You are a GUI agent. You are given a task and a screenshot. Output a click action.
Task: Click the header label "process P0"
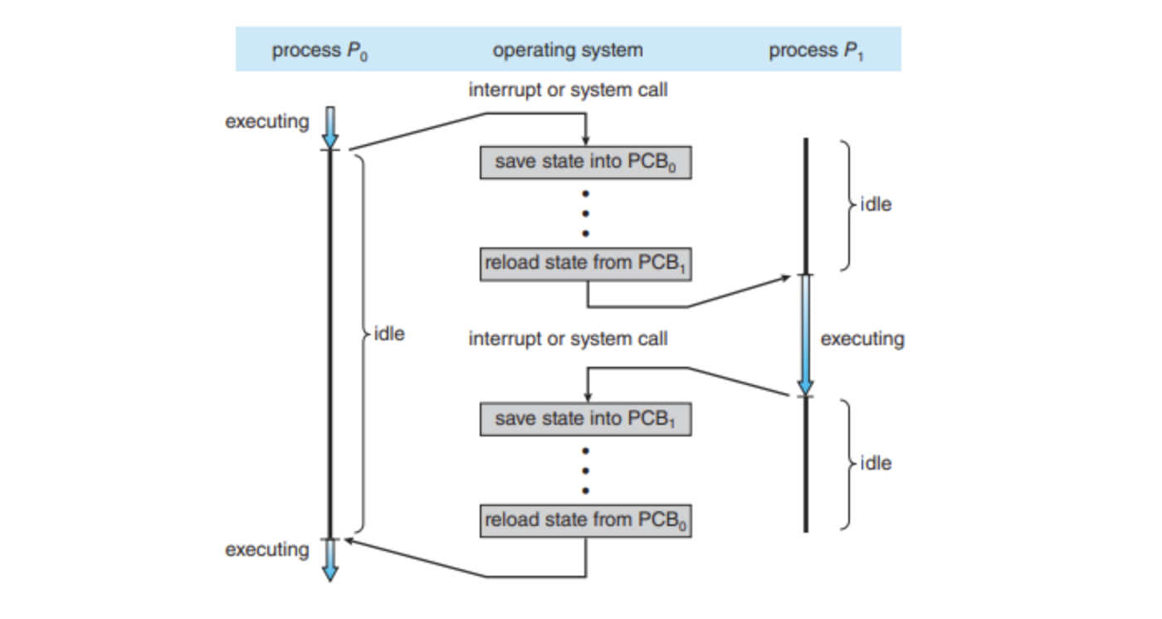(x=320, y=51)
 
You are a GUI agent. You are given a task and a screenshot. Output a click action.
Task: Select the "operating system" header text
(x=568, y=51)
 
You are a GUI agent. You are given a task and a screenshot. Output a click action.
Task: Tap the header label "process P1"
(x=817, y=51)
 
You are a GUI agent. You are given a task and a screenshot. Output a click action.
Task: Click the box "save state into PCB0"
(x=585, y=162)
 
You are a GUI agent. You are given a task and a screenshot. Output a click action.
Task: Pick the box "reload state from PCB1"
(x=585, y=265)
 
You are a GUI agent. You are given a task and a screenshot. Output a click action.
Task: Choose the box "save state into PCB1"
(x=585, y=419)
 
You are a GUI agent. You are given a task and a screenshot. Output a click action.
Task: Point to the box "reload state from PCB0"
(x=585, y=521)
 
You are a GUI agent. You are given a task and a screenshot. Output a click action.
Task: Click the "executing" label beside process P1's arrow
(x=862, y=339)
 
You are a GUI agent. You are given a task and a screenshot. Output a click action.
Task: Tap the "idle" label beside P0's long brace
(x=390, y=334)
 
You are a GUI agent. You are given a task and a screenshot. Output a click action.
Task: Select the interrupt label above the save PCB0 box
(x=568, y=90)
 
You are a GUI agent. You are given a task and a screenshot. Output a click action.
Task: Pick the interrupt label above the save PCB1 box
(x=568, y=339)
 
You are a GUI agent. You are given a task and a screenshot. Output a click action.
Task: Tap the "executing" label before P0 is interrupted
(x=267, y=122)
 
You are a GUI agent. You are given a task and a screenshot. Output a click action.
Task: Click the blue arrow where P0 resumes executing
(x=330, y=560)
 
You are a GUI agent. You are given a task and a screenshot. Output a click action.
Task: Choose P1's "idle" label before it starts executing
(x=876, y=205)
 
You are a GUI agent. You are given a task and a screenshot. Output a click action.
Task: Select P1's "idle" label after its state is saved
(x=876, y=464)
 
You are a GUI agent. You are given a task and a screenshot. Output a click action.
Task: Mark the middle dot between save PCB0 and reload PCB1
(x=585, y=213)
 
